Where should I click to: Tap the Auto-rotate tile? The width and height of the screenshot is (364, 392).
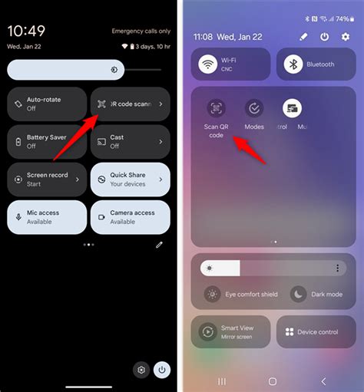click(45, 104)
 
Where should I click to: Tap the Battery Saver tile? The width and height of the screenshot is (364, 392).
click(45, 142)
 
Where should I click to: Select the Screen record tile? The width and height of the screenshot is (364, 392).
click(45, 180)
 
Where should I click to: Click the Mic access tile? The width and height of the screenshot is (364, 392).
click(45, 217)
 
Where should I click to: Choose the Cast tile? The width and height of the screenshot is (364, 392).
click(130, 142)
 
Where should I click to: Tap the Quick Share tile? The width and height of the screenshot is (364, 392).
click(130, 180)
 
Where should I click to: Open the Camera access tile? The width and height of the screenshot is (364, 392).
click(130, 217)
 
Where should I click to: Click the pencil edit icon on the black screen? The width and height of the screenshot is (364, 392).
click(159, 245)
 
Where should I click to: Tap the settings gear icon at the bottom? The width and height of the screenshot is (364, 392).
click(141, 370)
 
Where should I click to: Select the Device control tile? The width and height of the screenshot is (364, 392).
click(311, 332)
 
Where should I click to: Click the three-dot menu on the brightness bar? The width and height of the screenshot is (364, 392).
click(337, 268)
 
